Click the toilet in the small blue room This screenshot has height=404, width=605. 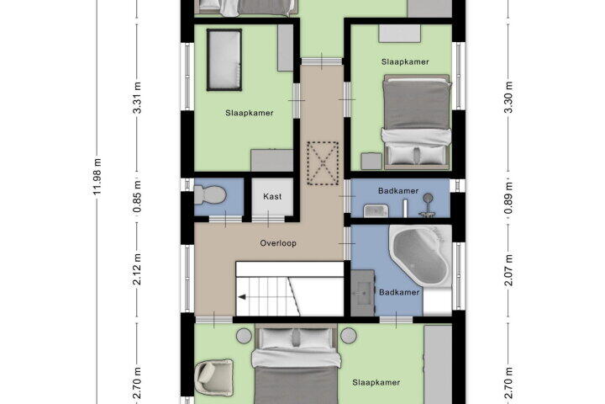pyautogui.click(x=209, y=195)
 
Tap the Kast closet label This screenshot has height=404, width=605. pyautogui.click(x=272, y=196)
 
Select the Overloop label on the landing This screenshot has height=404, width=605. pyautogui.click(x=278, y=243)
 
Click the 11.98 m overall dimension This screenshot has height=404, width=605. pyautogui.click(x=97, y=176)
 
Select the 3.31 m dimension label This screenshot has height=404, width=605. pyautogui.click(x=137, y=98)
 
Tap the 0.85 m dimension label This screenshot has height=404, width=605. pyautogui.click(x=137, y=197)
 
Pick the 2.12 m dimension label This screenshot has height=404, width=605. pyautogui.click(x=137, y=269)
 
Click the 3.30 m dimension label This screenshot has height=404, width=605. pyautogui.click(x=508, y=97)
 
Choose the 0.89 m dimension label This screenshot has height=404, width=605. pyautogui.click(x=508, y=199)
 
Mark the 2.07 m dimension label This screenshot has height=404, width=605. pyautogui.click(x=508, y=270)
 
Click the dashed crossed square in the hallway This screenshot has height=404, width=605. pyautogui.click(x=323, y=163)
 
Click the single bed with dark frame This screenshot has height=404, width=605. pyautogui.click(x=224, y=60)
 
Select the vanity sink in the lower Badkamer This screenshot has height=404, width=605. pyautogui.click(x=362, y=293)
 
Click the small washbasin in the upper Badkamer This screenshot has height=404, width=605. pyautogui.click(x=376, y=210)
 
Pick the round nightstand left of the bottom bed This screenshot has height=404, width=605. pyautogui.click(x=244, y=336)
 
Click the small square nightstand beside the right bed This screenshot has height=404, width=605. pyautogui.click(x=371, y=162)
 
